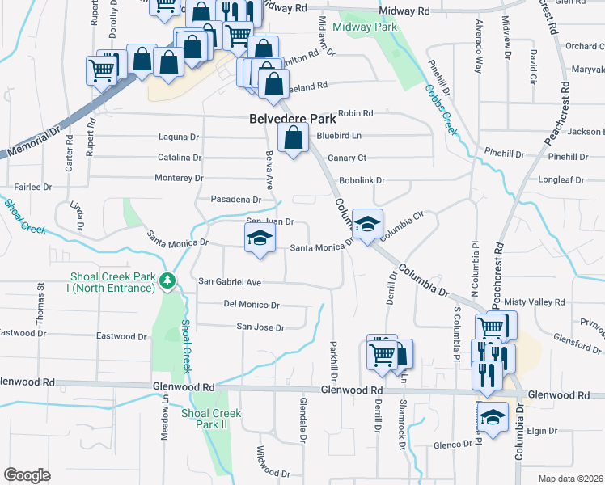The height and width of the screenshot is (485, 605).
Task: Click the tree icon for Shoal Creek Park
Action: click(167, 281)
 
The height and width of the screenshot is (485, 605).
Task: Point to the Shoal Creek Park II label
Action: click(211, 419)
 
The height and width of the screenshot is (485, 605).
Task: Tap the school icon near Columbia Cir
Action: click(367, 223)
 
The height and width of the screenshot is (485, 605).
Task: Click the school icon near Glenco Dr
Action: click(491, 417)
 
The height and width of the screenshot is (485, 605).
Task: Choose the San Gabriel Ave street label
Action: click(231, 282)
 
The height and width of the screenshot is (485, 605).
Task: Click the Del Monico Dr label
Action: click(252, 305)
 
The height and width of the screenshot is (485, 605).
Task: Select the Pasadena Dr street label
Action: click(236, 199)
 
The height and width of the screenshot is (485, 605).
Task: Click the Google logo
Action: click(27, 475)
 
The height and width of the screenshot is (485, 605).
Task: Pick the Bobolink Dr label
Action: click(362, 180)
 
